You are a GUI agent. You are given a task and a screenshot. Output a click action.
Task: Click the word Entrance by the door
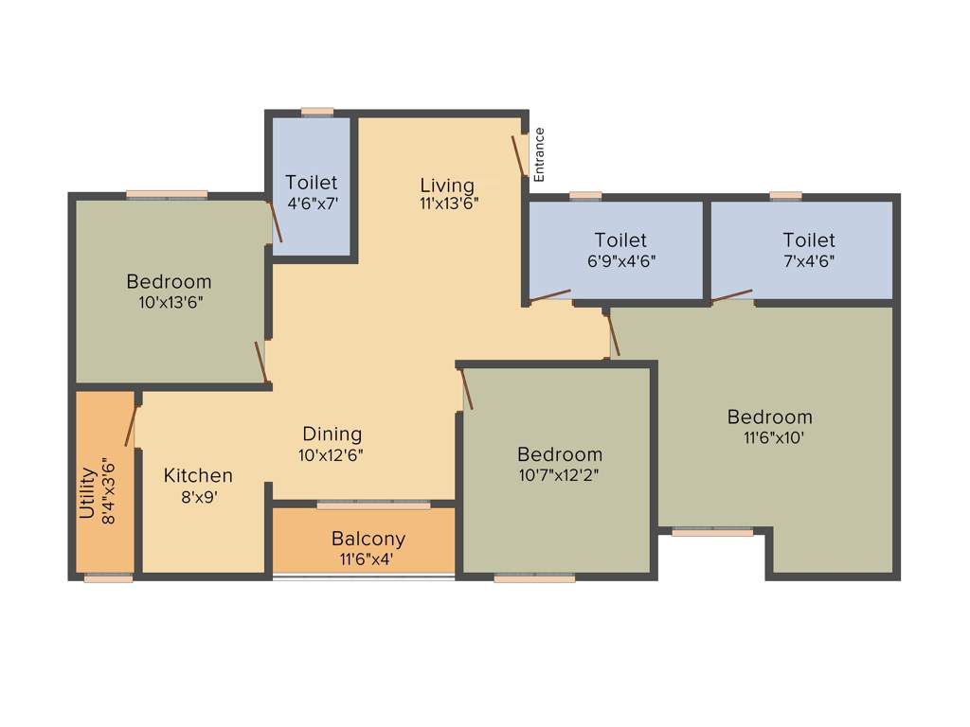click(539, 154)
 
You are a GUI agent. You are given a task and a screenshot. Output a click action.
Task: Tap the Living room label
click(447, 185)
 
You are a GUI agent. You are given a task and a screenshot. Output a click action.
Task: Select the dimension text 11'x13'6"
click(449, 203)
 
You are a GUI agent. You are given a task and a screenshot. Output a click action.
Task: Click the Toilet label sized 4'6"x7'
click(311, 183)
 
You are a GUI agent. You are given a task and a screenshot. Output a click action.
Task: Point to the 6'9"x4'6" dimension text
click(620, 259)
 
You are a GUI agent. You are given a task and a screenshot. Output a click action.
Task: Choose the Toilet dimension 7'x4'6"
click(808, 259)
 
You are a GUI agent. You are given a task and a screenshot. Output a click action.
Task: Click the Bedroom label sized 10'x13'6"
click(169, 281)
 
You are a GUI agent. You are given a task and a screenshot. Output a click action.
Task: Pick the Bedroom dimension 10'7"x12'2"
click(559, 474)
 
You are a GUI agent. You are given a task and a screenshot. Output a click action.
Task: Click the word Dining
click(332, 434)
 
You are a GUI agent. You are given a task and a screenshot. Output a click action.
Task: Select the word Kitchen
click(198, 475)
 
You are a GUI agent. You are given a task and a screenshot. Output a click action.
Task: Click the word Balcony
click(368, 539)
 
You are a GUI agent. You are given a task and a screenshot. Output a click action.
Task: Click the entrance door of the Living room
click(519, 155)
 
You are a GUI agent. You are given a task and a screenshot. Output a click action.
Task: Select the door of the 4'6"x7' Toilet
click(275, 221)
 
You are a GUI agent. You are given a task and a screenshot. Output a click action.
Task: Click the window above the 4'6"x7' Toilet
click(317, 112)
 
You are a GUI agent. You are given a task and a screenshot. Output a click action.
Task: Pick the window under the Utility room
click(108, 577)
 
